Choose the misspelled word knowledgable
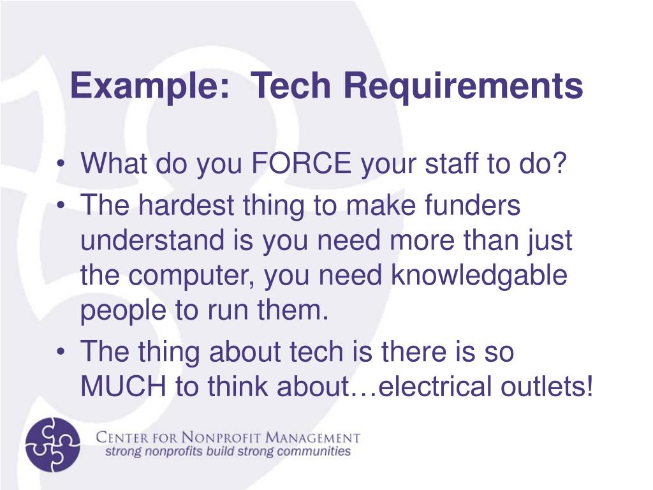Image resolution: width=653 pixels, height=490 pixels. [478, 276]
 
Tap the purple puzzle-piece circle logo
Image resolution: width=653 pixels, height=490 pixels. [53, 444]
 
